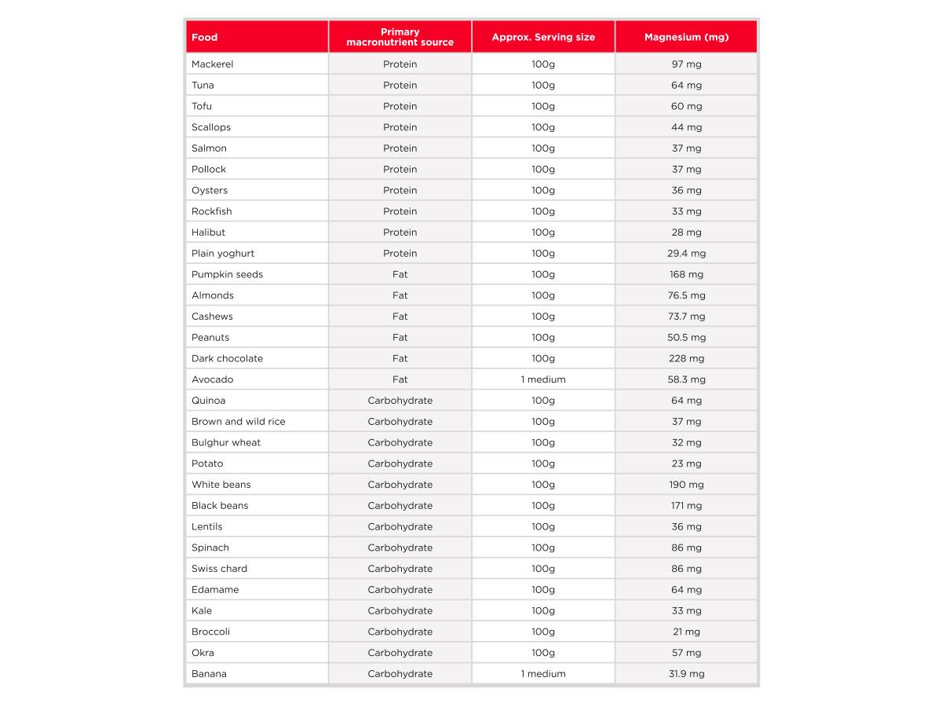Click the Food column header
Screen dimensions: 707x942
click(x=205, y=37)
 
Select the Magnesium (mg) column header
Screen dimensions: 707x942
click(x=686, y=37)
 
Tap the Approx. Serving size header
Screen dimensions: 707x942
click(x=543, y=37)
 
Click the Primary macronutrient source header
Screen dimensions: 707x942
click(x=400, y=37)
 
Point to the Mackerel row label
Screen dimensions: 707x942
click(x=213, y=64)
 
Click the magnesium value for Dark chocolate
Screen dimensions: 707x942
click(x=686, y=358)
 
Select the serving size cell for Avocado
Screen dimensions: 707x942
click(x=543, y=379)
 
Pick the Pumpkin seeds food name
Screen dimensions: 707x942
click(x=228, y=274)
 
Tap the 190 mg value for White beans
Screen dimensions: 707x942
click(x=686, y=485)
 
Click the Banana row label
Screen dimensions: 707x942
click(x=209, y=673)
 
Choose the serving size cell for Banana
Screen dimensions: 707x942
click(x=543, y=673)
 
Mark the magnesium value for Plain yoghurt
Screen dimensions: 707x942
click(x=686, y=253)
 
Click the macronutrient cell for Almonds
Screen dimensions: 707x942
click(x=400, y=295)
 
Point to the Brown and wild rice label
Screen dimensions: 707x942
click(x=239, y=421)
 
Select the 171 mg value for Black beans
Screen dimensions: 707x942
click(x=686, y=505)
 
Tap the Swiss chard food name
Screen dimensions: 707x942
click(x=219, y=569)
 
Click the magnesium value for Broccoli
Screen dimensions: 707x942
click(x=686, y=632)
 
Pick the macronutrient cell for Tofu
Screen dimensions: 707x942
click(x=400, y=106)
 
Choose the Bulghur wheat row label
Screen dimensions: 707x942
click(x=226, y=442)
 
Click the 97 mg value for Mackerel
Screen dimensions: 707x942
click(x=686, y=64)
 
